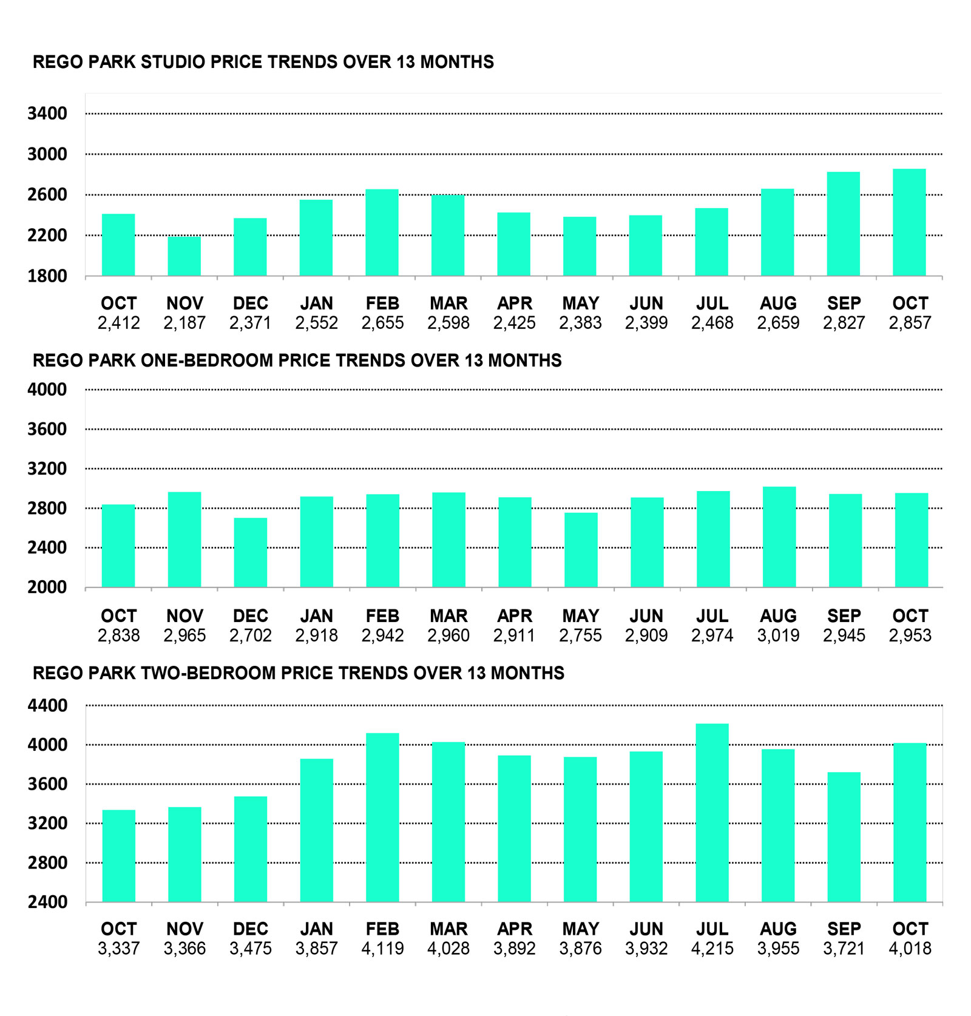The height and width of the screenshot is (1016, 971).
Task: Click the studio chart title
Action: (263, 62)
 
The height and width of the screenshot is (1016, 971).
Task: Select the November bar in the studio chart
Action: (184, 256)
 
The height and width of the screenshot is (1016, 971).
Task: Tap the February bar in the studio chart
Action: (382, 232)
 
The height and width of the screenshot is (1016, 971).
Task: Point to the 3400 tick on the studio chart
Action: (47, 113)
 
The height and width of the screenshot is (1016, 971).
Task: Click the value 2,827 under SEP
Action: (844, 323)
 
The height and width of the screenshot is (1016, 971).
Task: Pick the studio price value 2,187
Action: (184, 323)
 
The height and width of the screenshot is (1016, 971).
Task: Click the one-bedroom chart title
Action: (297, 361)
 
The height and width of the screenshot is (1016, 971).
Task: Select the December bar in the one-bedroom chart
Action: (251, 552)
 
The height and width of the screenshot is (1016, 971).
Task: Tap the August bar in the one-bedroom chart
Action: (779, 537)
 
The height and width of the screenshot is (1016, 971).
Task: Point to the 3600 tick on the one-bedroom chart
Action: (47, 429)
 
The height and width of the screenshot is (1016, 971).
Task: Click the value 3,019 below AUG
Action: (778, 635)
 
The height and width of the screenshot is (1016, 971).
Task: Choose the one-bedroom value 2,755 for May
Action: (580, 635)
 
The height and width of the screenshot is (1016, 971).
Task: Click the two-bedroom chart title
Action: (298, 673)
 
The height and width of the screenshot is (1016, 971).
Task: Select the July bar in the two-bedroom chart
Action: (712, 813)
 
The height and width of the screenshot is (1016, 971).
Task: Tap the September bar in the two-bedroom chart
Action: (844, 837)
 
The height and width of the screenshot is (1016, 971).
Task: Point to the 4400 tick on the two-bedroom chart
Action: (47, 706)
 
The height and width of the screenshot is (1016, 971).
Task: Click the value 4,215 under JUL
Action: (712, 949)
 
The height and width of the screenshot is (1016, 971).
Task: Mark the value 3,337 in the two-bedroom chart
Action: (119, 949)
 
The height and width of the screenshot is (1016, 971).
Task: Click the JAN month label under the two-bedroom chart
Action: (317, 929)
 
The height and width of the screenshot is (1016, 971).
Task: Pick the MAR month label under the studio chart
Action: (448, 303)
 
